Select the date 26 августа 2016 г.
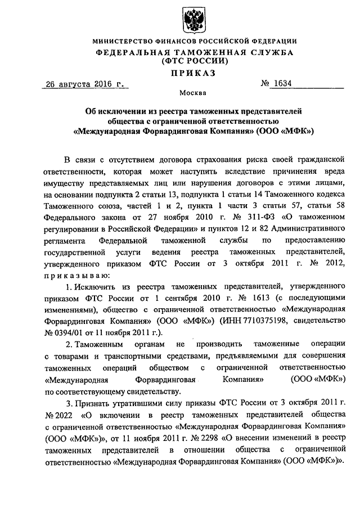(x=84, y=84)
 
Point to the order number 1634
(x=283, y=84)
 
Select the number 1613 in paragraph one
(x=248, y=297)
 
